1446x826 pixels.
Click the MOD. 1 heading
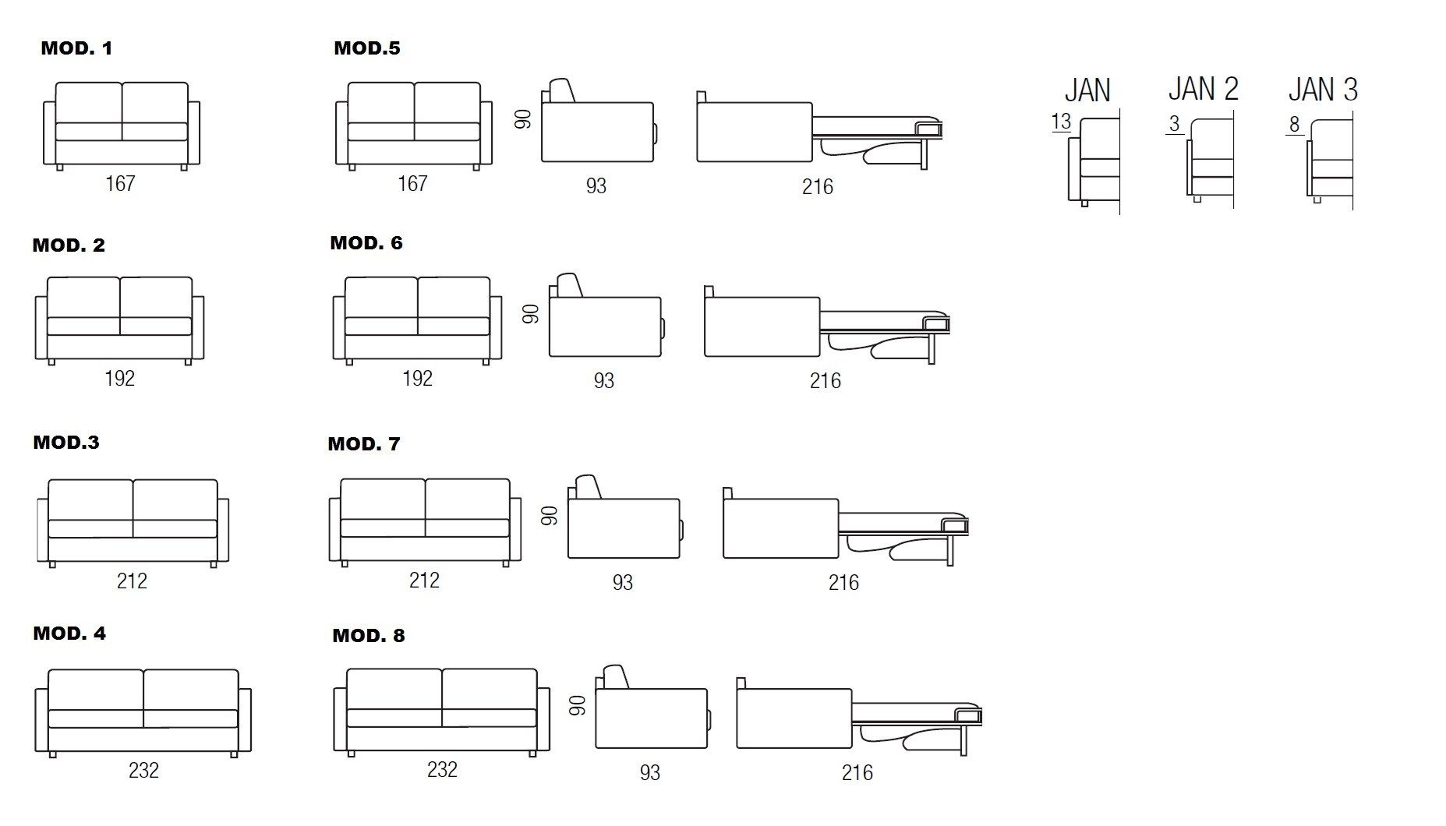tap(76, 48)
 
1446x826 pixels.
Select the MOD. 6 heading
tap(366, 243)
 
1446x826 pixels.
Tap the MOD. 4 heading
tap(69, 634)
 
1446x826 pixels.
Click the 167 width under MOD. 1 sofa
tap(120, 184)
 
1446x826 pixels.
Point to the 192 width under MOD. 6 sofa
tap(417, 379)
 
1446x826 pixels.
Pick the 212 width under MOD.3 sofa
tap(132, 581)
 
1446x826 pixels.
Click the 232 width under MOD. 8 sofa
tap(442, 770)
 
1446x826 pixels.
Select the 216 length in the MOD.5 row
tap(817, 187)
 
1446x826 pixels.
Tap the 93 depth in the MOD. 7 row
tap(622, 583)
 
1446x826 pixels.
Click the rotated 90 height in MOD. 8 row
tap(578, 706)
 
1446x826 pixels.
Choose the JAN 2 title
tap(1203, 89)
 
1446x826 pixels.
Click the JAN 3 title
tap(1323, 90)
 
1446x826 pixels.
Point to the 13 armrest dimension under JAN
tap(1061, 122)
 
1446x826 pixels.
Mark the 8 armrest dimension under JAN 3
tap(1294, 125)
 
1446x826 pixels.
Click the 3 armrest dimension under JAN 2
tap(1174, 124)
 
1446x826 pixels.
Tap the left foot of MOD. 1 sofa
tap(59, 168)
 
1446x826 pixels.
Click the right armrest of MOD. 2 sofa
tap(198, 327)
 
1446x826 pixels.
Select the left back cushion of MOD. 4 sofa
tap(96, 690)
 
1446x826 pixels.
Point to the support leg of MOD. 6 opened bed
tap(931, 349)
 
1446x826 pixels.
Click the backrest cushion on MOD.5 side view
tap(561, 90)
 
